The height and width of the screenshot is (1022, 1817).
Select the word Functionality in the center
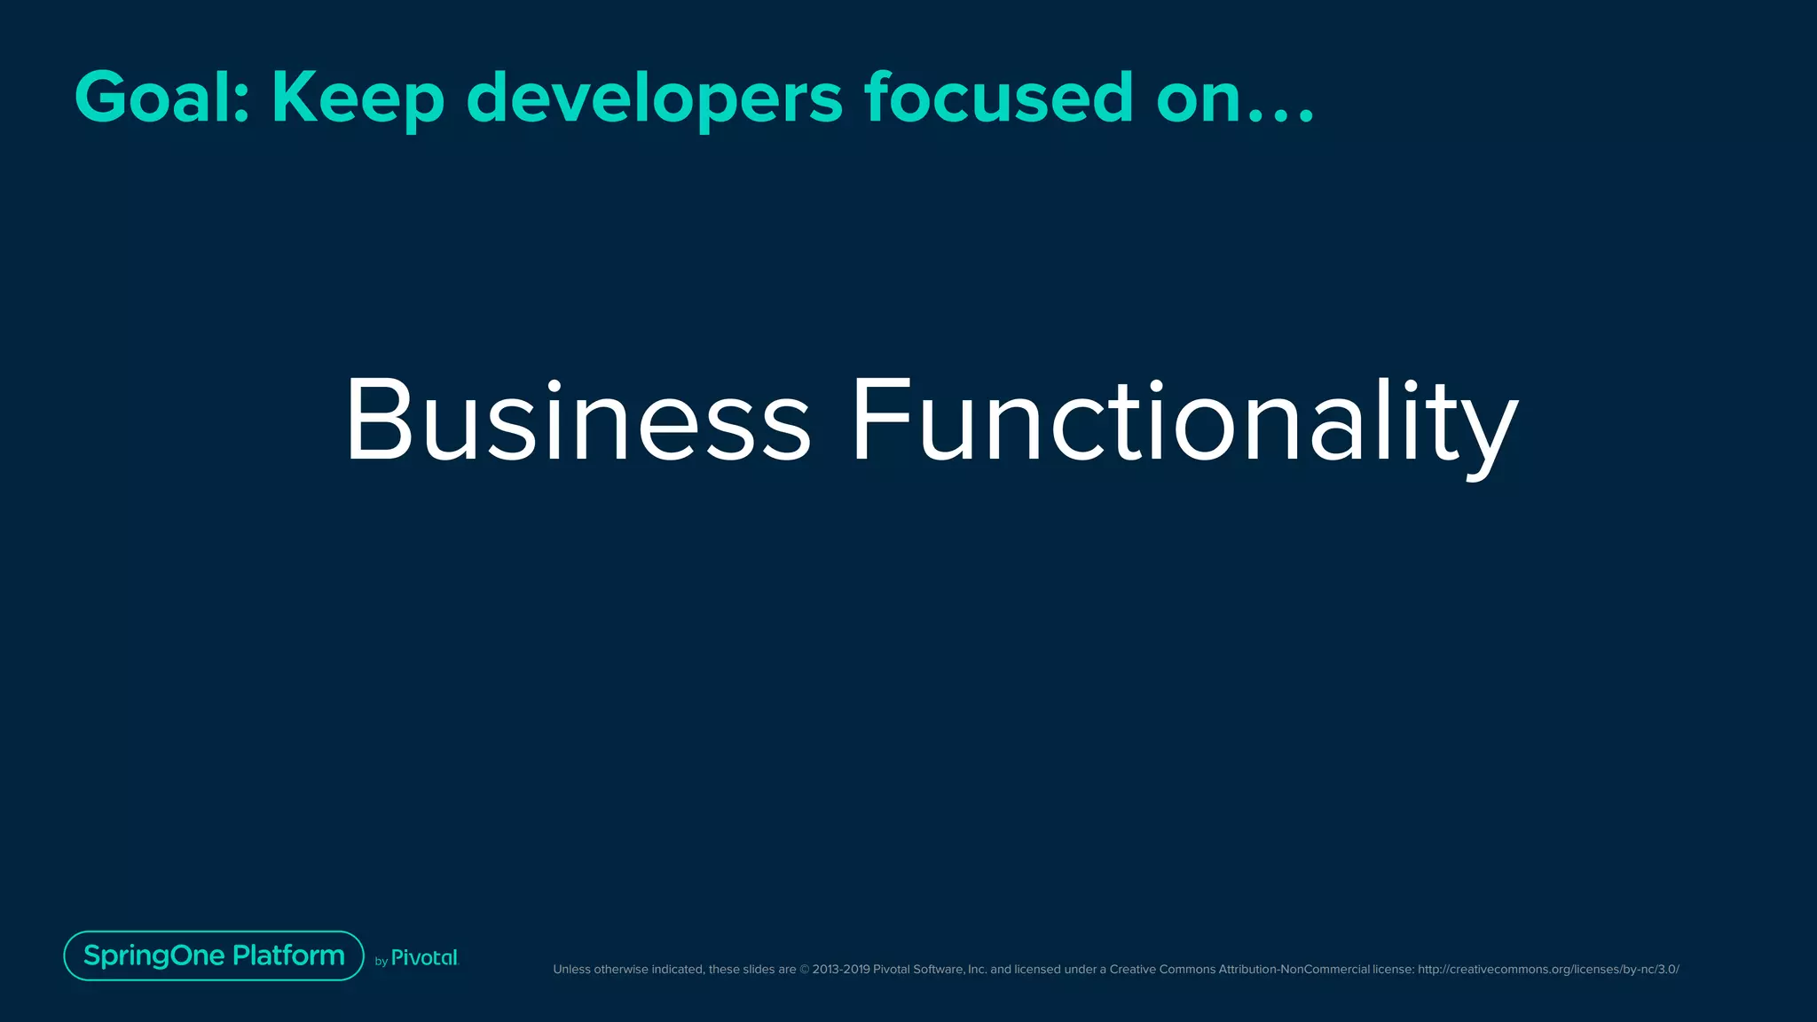[x=1184, y=422]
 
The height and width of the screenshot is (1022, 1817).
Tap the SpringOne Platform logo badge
[x=214, y=955]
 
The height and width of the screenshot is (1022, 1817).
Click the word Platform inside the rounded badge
[x=288, y=955]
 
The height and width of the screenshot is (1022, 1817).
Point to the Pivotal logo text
[x=425, y=958]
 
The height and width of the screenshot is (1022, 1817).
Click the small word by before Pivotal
[x=381, y=962]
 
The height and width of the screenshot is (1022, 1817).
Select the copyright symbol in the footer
[x=805, y=970]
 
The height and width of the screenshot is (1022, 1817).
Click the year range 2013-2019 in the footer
[x=841, y=970]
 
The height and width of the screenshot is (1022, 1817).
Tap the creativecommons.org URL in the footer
[x=1548, y=970]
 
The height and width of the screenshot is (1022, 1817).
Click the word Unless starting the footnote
[x=571, y=970]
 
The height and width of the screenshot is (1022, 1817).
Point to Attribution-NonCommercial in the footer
[x=1294, y=970]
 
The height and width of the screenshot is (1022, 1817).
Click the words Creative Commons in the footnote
[x=1162, y=970]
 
